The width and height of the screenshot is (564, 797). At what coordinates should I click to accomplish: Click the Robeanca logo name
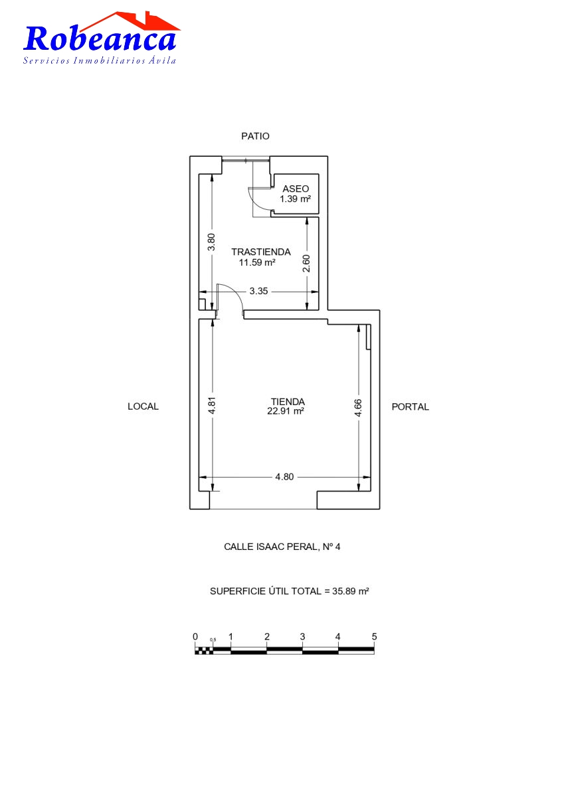(x=100, y=38)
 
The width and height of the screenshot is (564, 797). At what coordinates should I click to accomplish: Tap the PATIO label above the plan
(x=255, y=136)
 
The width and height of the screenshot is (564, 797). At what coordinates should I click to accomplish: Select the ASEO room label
(x=296, y=189)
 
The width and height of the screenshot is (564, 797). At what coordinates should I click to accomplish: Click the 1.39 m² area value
(x=295, y=199)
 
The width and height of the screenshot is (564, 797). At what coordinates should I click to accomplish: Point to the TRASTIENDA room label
(x=261, y=252)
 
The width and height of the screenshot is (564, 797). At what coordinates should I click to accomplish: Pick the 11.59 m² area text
(x=257, y=262)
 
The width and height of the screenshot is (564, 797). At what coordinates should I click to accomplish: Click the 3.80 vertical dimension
(x=211, y=242)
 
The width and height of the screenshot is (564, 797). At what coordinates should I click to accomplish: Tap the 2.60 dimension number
(x=306, y=263)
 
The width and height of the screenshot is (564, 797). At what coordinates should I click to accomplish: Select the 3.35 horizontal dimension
(x=258, y=291)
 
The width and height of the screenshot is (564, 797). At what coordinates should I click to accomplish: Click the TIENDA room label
(x=288, y=402)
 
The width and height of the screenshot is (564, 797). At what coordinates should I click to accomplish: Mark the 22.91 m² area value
(x=286, y=411)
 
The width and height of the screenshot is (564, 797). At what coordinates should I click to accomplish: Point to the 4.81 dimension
(x=212, y=405)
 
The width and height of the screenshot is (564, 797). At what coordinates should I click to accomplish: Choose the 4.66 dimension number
(x=357, y=408)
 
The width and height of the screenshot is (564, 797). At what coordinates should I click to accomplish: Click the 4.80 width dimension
(x=284, y=477)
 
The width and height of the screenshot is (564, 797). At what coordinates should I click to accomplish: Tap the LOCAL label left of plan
(x=143, y=406)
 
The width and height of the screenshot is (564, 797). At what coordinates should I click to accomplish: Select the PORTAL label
(x=411, y=406)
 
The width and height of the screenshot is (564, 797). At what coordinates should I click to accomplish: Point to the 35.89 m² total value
(x=351, y=591)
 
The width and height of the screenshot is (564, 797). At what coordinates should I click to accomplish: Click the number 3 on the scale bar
(x=302, y=636)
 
